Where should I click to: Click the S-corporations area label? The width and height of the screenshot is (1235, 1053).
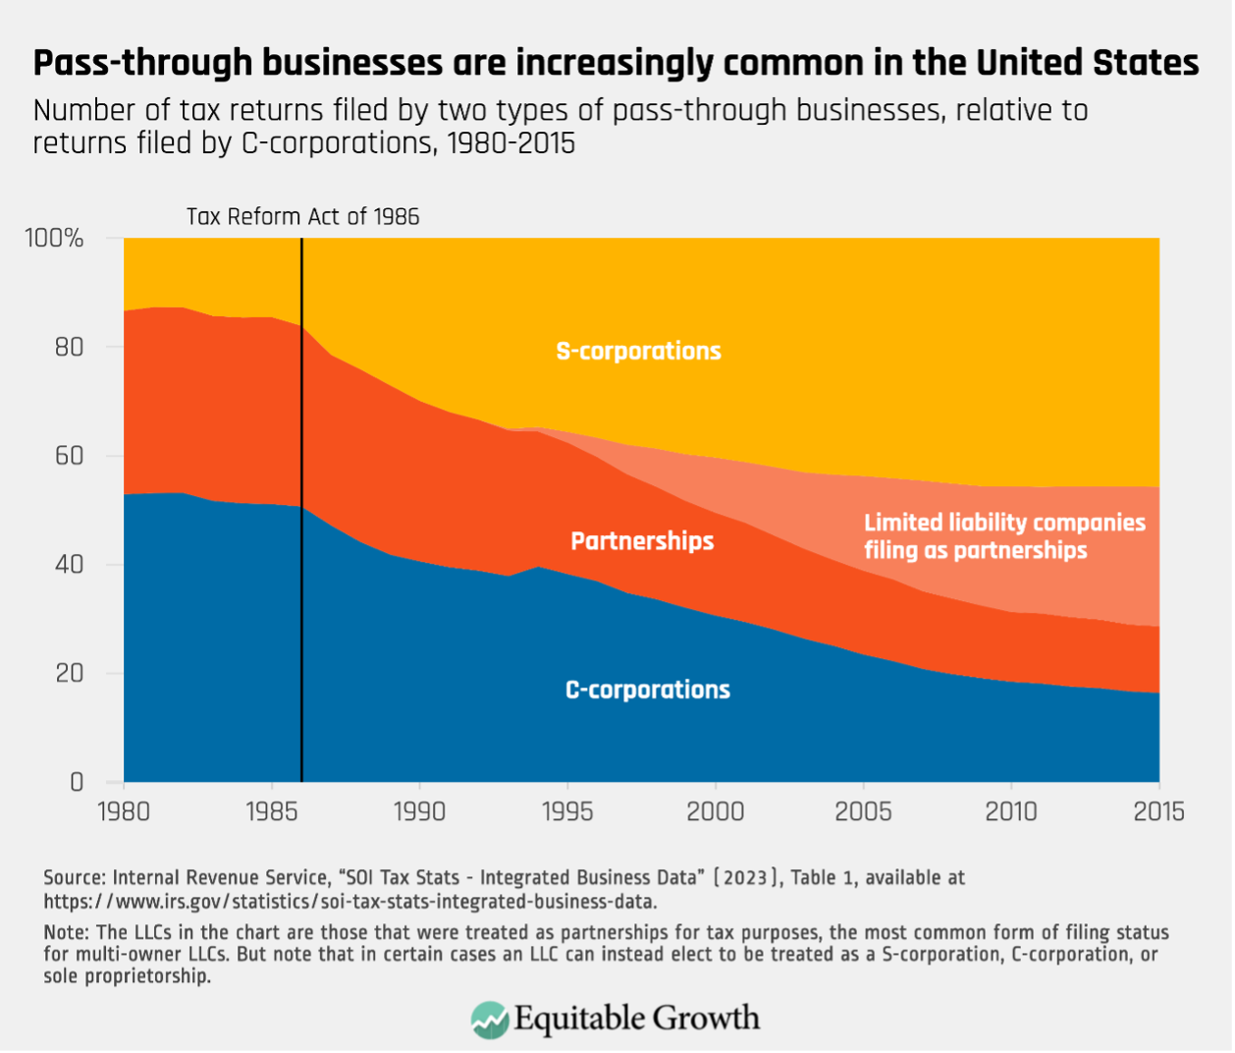click(x=638, y=352)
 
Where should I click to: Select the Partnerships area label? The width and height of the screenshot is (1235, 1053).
click(x=642, y=541)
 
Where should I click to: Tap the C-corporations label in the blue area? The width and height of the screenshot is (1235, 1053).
click(x=647, y=690)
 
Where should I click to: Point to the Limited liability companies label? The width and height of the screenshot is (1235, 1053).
click(x=1003, y=536)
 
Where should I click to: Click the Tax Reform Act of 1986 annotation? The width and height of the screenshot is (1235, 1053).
click(x=302, y=217)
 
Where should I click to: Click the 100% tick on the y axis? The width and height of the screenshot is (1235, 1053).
click(x=54, y=239)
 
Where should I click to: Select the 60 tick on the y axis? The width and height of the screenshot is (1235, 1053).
click(x=69, y=456)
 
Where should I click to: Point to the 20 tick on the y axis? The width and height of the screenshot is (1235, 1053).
click(x=69, y=674)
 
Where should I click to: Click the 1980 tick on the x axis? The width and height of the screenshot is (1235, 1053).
click(x=124, y=812)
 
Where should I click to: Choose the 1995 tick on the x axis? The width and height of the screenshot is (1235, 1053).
click(x=567, y=812)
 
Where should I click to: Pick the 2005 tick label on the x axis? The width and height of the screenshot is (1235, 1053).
click(x=863, y=812)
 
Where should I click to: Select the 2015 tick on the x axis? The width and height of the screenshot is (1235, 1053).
click(x=1158, y=812)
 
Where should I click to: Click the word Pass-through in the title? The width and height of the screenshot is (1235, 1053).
click(x=127, y=63)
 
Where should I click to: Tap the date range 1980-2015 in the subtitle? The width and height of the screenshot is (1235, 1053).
click(x=510, y=143)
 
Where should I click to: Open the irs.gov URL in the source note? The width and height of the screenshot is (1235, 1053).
click(x=349, y=901)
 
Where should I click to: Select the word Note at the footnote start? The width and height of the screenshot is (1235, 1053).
click(x=64, y=932)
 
